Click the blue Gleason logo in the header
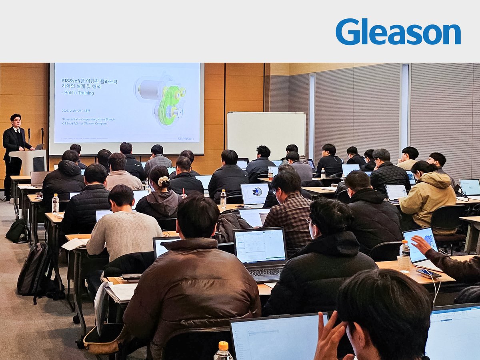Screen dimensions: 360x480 (x=398, y=32)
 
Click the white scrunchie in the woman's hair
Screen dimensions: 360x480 (x=163, y=181)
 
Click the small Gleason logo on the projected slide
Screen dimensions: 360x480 (x=186, y=138)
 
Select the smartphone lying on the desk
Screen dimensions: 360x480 (x=428, y=273)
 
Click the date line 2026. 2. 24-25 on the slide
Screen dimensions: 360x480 (x=76, y=111)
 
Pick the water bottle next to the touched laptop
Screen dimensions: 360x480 (x=404, y=256)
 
